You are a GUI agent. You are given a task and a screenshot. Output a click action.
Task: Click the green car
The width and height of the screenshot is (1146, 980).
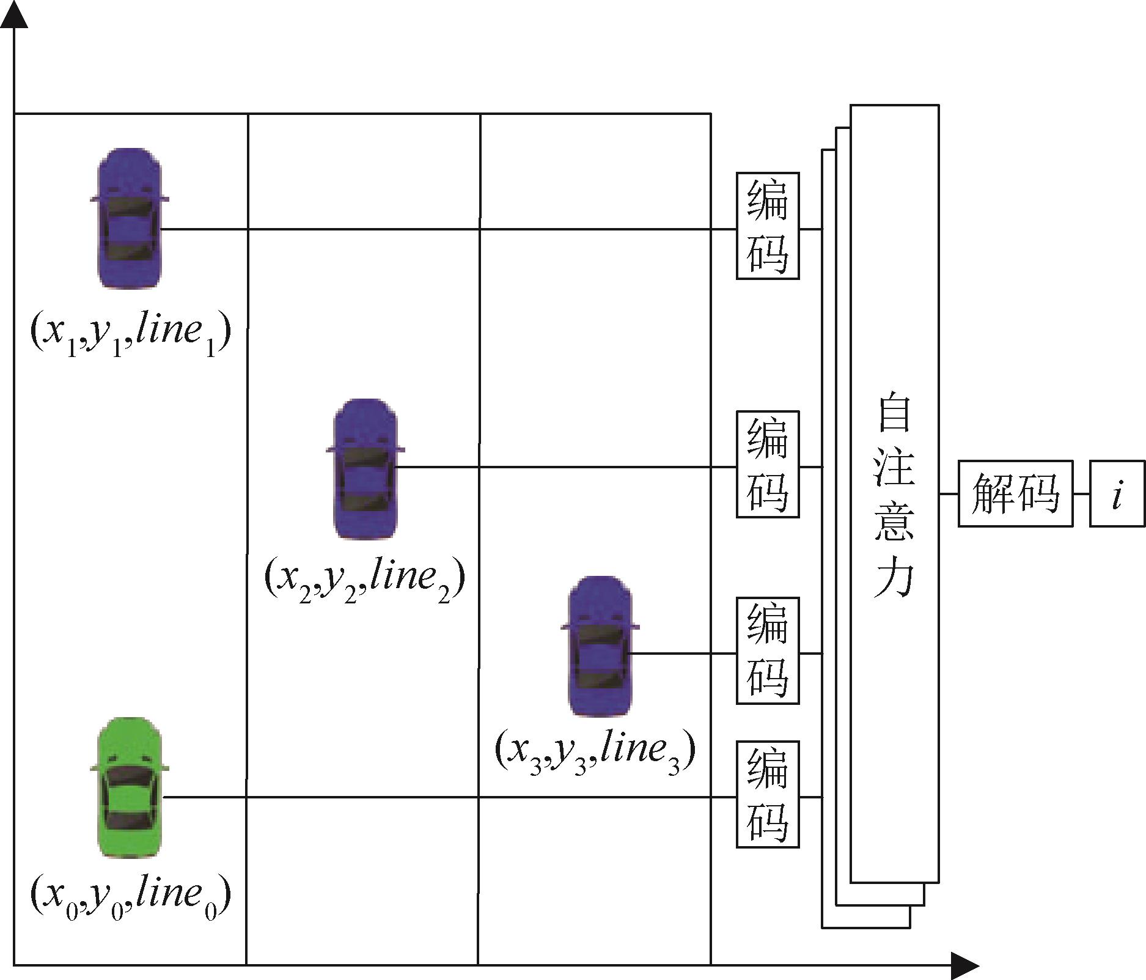(129, 786)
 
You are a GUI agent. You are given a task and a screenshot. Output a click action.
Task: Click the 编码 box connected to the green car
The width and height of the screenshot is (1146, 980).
(768, 794)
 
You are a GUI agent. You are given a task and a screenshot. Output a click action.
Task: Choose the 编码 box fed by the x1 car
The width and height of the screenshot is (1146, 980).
(768, 226)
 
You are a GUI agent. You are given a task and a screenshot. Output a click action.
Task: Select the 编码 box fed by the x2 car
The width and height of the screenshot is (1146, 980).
(768, 464)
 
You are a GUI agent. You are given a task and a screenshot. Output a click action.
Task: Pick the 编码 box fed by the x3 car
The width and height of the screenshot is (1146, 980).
(768, 650)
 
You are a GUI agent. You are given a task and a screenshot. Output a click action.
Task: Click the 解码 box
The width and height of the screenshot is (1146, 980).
(1015, 493)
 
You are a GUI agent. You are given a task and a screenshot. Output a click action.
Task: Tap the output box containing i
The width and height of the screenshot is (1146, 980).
(1117, 493)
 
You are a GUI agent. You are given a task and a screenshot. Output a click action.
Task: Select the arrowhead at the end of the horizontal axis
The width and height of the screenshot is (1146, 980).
(966, 965)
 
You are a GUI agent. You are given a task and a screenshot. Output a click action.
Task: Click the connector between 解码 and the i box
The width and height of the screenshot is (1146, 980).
(1082, 493)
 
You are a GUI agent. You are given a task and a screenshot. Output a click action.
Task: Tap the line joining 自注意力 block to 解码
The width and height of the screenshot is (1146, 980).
(949, 493)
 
